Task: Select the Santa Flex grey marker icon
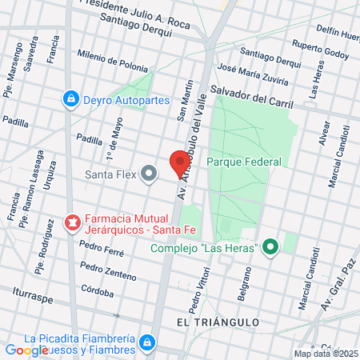[x=149, y=173]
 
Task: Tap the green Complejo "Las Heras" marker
[x=270, y=247]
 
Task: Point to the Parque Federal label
[x=244, y=162]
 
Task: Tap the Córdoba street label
[x=97, y=292]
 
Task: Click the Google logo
[x=26, y=350]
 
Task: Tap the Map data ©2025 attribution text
[x=326, y=354]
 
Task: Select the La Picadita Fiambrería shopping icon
[x=146, y=343]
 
